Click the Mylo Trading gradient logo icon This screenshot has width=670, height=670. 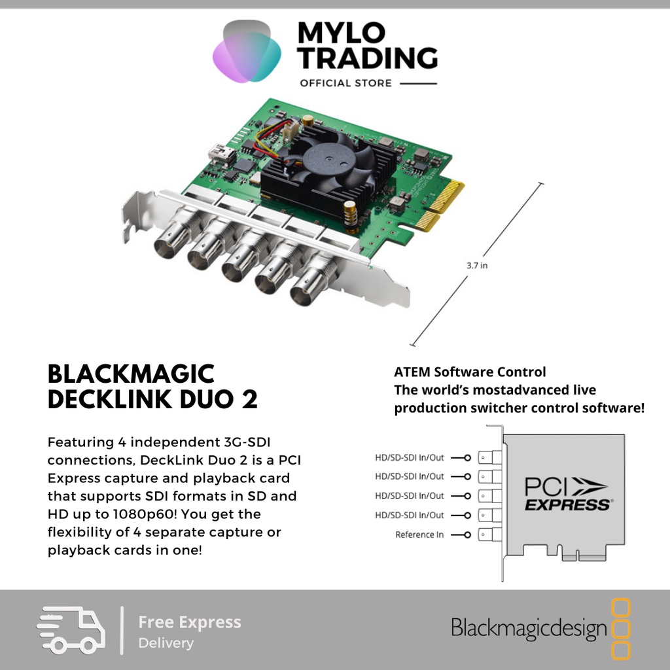pyautogui.click(x=247, y=52)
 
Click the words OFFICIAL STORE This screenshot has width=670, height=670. pyautogui.click(x=345, y=83)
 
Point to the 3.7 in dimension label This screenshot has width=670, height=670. pyautogui.click(x=477, y=265)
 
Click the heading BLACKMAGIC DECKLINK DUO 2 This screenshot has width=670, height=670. pyautogui.click(x=152, y=387)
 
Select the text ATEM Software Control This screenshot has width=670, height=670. pyautogui.click(x=470, y=372)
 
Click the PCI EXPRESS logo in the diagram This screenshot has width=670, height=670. pyautogui.click(x=567, y=494)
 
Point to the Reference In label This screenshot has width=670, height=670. pyautogui.click(x=419, y=535)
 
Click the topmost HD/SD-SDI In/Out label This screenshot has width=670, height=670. pyautogui.click(x=410, y=457)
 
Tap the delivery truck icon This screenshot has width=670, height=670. pyautogui.click(x=71, y=629)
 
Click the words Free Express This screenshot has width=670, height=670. pyautogui.click(x=190, y=622)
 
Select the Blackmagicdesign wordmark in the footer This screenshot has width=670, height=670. pyautogui.click(x=529, y=629)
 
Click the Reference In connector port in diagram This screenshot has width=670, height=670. pyautogui.click(x=484, y=535)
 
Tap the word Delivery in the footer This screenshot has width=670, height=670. pyautogui.click(x=166, y=643)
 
